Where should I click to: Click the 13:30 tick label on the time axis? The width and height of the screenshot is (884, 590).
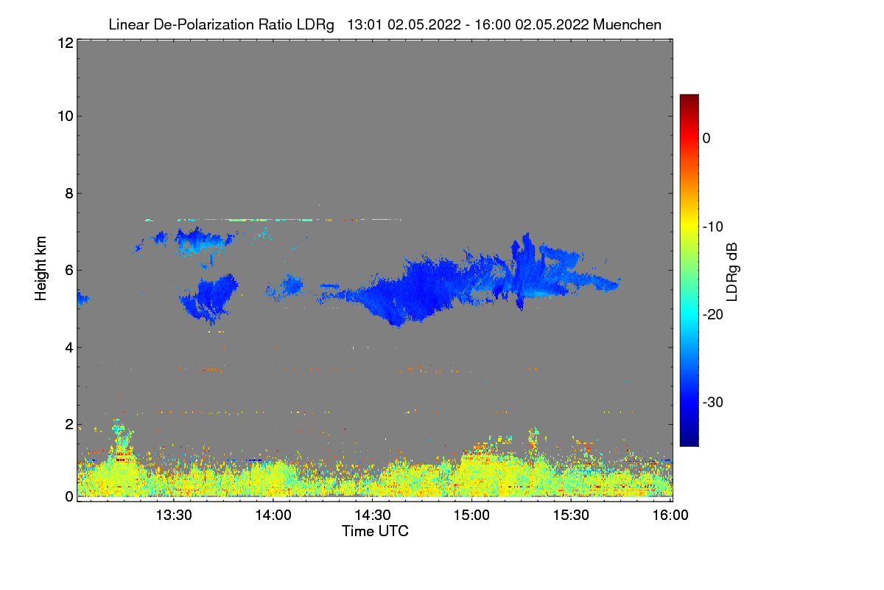[x=175, y=516]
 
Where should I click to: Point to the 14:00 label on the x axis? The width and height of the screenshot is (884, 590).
[x=273, y=516]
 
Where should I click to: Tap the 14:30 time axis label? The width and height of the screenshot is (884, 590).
[x=373, y=516]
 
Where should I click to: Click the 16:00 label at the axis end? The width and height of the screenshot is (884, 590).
[x=669, y=516]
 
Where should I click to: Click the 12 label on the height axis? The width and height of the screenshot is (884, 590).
[x=64, y=43]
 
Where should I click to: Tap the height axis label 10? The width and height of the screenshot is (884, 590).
[x=64, y=116]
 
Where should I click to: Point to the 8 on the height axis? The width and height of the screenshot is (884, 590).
[x=68, y=193]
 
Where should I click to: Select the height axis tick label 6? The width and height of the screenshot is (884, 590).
[x=68, y=270]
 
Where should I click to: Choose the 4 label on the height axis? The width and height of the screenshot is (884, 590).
[x=68, y=347]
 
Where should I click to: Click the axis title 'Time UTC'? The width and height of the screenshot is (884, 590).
[x=375, y=531]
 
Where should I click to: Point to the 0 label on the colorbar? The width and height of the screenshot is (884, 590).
[x=706, y=138]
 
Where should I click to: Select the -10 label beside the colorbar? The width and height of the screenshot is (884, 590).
[x=712, y=226]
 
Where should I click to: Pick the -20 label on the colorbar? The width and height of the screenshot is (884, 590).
[x=712, y=314]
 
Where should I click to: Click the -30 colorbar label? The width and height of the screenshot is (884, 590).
[x=712, y=403]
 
